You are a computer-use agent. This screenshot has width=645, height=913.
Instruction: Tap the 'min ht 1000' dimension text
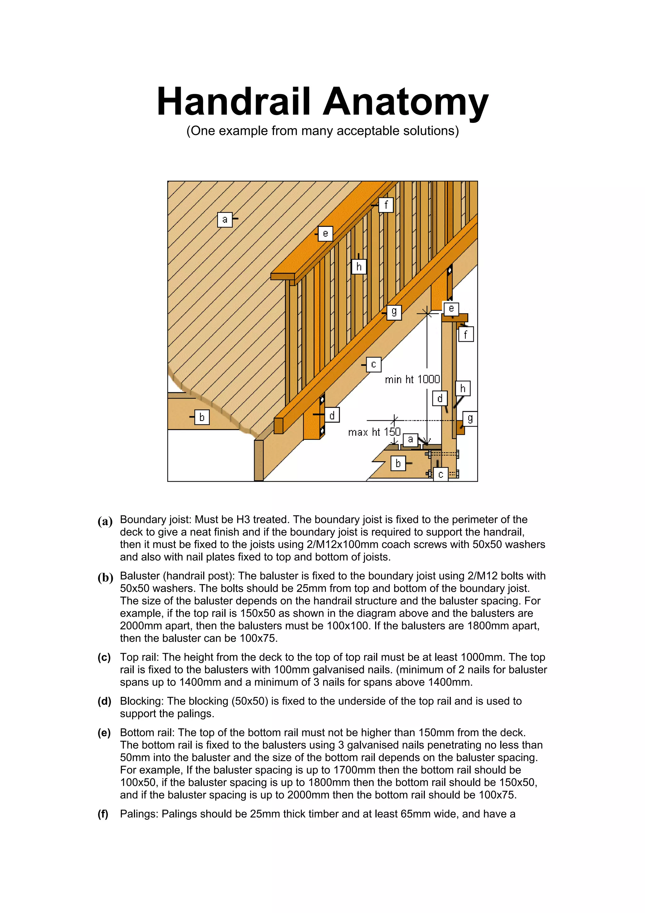[412, 379]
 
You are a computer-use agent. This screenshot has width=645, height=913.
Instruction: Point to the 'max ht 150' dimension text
[374, 432]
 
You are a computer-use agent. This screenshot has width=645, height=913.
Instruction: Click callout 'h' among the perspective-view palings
[359, 267]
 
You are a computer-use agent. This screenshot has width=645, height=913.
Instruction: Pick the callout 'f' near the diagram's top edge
[386, 205]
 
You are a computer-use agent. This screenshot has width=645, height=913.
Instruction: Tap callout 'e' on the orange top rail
[325, 233]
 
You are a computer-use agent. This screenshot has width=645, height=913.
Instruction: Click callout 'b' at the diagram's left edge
[202, 417]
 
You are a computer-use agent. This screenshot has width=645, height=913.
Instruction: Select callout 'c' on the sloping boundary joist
[373, 364]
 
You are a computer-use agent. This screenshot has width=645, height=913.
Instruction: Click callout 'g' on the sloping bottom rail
[394, 312]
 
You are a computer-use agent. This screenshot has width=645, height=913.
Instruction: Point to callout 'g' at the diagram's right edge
[470, 418]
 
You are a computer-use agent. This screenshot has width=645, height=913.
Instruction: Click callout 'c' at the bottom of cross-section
[440, 474]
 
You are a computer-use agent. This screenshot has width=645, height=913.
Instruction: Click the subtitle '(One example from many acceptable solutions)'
[322, 131]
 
